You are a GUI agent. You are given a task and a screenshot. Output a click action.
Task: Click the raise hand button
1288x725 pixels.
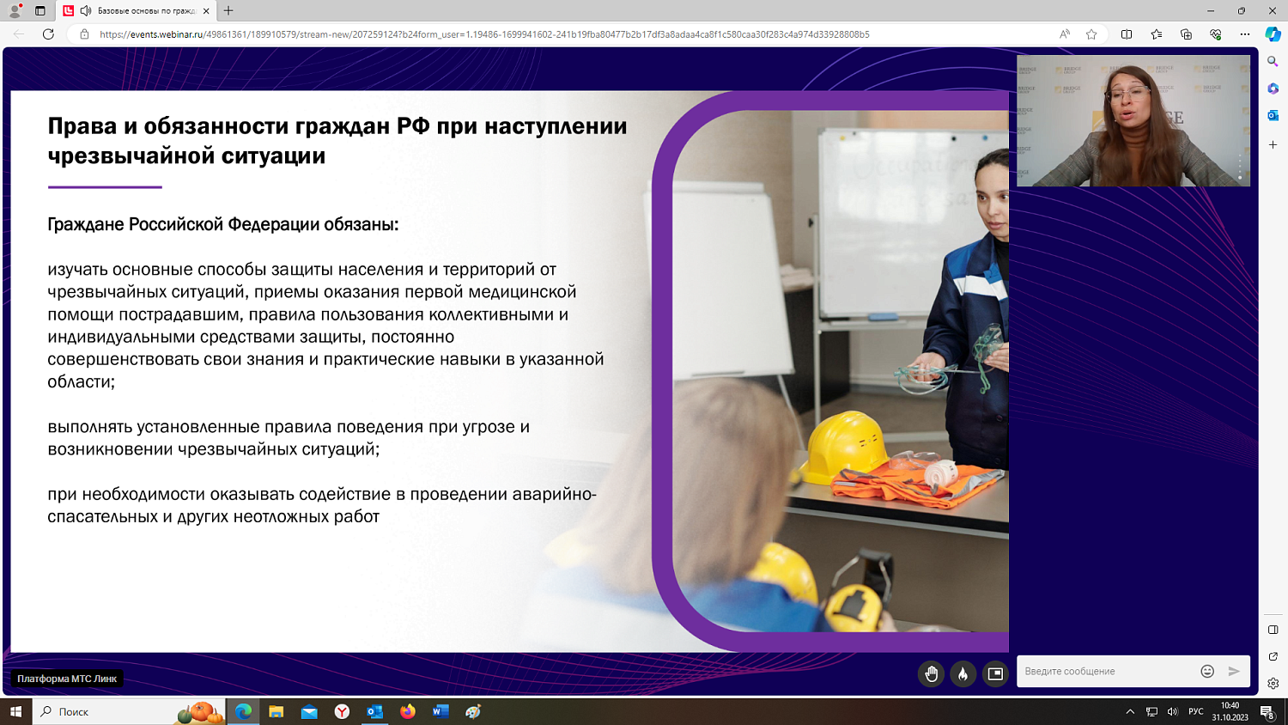click(x=931, y=674)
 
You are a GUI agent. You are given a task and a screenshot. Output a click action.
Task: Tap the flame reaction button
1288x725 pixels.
click(x=963, y=674)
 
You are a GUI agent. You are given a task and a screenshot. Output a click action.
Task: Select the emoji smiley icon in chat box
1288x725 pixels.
click(x=1207, y=672)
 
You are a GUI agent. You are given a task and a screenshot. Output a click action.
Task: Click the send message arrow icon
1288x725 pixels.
click(x=1234, y=672)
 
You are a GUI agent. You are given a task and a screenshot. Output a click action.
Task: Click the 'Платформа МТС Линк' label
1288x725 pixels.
click(x=67, y=679)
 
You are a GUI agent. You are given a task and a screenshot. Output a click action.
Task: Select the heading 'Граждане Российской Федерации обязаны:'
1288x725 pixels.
click(x=223, y=225)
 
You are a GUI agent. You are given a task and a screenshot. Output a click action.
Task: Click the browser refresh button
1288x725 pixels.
click(x=48, y=34)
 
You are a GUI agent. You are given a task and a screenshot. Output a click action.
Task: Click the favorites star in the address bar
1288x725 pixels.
click(x=1091, y=34)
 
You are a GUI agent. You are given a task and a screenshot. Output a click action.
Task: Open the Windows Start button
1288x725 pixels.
click(x=15, y=711)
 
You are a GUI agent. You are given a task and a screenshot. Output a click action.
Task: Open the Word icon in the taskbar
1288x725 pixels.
click(x=440, y=711)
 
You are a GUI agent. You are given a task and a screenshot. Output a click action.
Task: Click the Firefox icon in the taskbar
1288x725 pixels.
click(x=408, y=711)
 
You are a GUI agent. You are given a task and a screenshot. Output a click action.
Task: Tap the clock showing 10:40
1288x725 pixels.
click(x=1230, y=706)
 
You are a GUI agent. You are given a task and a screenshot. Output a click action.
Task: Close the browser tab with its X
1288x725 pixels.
click(x=206, y=11)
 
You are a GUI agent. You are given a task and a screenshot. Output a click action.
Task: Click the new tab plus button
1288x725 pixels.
click(x=228, y=11)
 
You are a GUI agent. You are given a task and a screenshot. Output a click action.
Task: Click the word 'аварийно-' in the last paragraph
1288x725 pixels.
click(x=554, y=495)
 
